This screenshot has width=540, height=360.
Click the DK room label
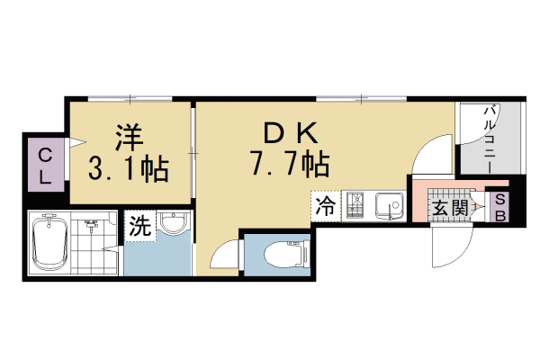tap(289, 133)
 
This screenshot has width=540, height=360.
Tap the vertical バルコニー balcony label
tap(491, 139)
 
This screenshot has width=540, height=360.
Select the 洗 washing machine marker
tap(139, 225)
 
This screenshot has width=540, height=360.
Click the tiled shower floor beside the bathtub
tap(97, 243)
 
